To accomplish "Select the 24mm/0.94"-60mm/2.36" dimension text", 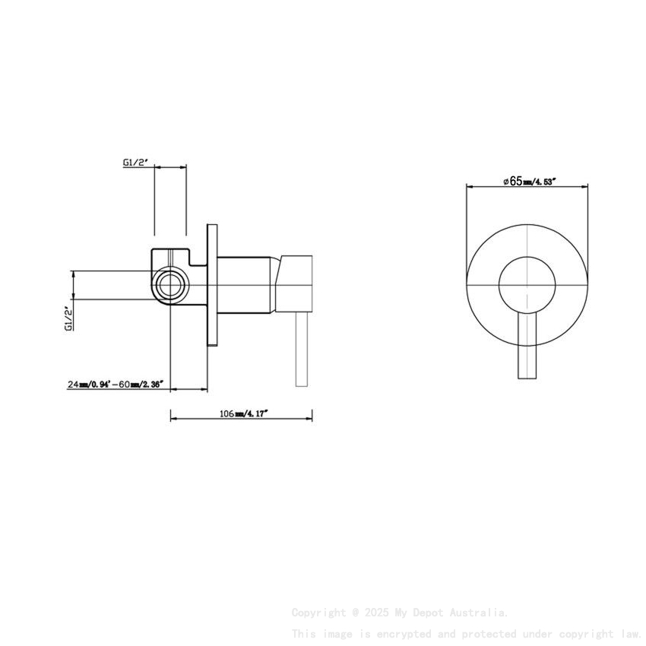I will pos(115,385).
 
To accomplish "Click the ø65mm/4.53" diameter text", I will pos(530,181).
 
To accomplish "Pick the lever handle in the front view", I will pos(526,346).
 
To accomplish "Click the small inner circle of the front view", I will pos(526,284).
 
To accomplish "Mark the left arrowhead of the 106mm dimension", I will pos(173,417).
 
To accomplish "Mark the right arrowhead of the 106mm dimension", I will pos(309,417).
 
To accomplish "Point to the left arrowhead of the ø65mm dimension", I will pos(468,185).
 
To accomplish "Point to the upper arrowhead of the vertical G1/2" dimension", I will pos(73,274).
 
